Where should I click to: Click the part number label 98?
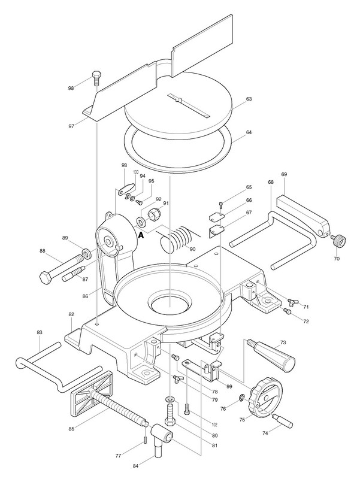coord(71,88)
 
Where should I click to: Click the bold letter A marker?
coord(142,235)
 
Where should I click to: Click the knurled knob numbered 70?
coord(340,241)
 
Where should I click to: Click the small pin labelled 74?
coord(282,419)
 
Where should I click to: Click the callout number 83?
coord(40,332)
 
